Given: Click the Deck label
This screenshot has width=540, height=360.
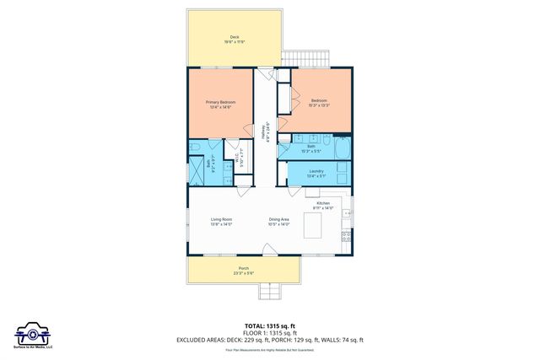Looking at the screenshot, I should [x=234, y=37].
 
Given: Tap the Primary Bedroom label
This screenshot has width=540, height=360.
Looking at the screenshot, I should [x=220, y=102].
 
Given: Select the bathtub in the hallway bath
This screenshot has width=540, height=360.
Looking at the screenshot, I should [x=342, y=150].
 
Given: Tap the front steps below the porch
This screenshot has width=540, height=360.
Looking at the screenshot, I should [x=271, y=292].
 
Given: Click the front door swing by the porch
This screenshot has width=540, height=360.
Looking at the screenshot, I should [x=269, y=249].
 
